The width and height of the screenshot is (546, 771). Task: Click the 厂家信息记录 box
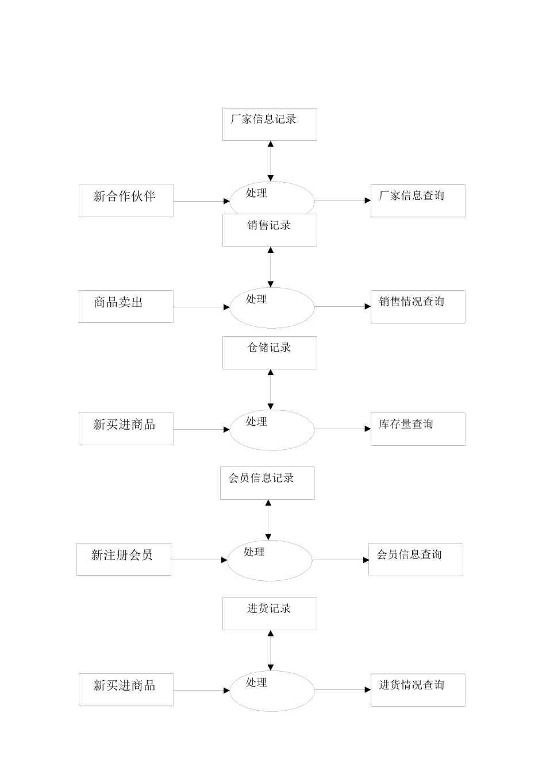pos(270,124)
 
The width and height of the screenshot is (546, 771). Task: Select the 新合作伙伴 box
pos(126,201)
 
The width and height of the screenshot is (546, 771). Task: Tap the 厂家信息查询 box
pos(418,201)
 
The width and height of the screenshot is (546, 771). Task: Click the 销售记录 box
pos(270,230)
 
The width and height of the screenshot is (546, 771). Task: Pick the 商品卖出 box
pos(126,306)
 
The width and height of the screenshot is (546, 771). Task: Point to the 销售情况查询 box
pos(418,306)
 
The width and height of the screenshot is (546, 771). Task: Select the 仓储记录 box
pos(270,352)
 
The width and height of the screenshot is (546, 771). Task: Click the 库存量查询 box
pos(418,429)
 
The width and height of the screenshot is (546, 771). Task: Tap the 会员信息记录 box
pos(267,483)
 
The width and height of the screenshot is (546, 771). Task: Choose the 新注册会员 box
pos(124,559)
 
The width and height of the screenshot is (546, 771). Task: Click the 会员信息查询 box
pos(416,559)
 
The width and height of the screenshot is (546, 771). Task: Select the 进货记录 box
pos(270,613)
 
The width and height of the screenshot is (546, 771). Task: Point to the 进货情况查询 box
pos(418,689)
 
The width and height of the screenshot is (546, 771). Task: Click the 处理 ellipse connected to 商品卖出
pos(272,308)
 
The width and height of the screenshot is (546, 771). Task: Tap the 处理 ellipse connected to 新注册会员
pos(270,560)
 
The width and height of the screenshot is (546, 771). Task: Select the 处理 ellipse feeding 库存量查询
pos(272,430)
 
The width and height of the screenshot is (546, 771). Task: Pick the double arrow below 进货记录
pos(270,650)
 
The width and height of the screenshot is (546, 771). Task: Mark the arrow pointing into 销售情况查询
pos(343,306)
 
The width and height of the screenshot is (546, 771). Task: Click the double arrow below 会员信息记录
pos(268,520)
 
